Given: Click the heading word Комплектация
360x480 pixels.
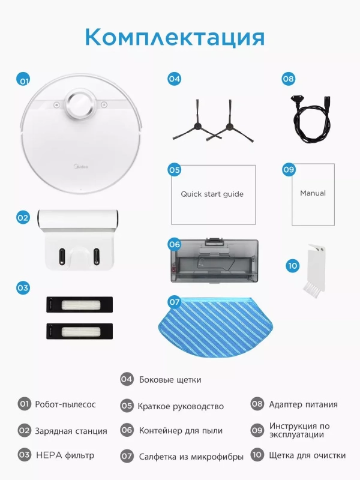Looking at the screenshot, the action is pos(175,37).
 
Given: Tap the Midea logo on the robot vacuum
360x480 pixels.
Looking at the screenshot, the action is pos(81,167).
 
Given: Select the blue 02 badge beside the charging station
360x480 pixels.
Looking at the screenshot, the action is pos(23,218).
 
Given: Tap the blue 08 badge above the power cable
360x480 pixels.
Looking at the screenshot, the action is pos(288,79).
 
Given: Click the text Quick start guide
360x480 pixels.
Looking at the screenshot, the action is pos(212,194).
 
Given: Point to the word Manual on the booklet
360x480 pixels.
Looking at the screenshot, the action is pos(313,193).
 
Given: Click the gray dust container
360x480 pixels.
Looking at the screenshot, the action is pos(214,260).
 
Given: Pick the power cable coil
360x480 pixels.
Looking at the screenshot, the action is pos(311,119).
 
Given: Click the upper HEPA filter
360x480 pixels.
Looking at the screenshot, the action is pos(80,305).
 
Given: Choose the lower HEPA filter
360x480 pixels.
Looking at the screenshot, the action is pos(80,331).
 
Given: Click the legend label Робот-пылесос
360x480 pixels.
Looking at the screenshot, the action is pos(65,404).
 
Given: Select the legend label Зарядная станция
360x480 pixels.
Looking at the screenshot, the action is pos(71,431).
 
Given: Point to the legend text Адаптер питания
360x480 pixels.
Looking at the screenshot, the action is pos(304,404).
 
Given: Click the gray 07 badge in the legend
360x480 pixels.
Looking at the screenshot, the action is pos(127,456).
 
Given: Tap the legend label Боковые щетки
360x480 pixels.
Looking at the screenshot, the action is pos(170,380).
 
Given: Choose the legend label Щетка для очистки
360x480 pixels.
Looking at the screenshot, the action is pos(307,455).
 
